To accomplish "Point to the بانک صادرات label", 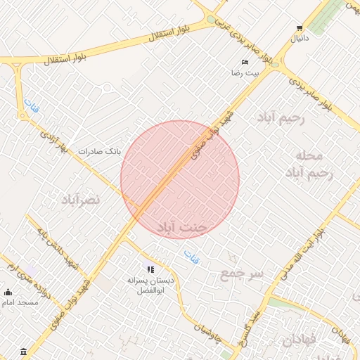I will click(x=99, y=150).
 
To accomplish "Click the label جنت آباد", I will click(x=181, y=228).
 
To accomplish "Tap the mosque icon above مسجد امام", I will click(x=8, y=292).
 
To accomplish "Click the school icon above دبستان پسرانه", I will click(x=150, y=269).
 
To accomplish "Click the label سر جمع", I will click(x=241, y=272).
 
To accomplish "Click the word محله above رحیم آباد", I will click(x=309, y=155).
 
